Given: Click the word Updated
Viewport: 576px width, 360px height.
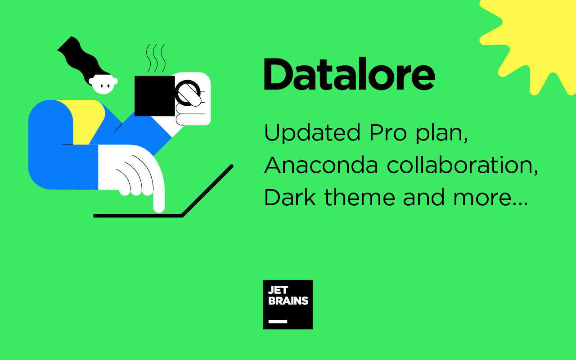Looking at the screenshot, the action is (x=312, y=132).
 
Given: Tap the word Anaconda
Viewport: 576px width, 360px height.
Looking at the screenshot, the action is (x=321, y=165).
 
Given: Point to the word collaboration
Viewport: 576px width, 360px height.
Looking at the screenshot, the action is (x=462, y=165).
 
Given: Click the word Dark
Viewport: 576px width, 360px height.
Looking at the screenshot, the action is (x=290, y=197).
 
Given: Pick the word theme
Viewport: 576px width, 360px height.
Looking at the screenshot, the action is (x=360, y=197).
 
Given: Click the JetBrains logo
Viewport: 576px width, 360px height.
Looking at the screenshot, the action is (x=288, y=305).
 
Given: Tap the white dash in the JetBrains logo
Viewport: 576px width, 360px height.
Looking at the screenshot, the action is (x=278, y=321).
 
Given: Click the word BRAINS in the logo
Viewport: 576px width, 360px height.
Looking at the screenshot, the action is (x=288, y=301).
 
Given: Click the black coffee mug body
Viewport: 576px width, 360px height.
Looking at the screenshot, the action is (x=154, y=96).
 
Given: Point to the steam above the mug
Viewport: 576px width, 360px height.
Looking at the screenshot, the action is (x=156, y=58).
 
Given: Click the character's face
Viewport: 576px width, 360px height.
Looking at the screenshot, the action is (x=103, y=84).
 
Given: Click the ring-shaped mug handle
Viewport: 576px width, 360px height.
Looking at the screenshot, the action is (x=188, y=93).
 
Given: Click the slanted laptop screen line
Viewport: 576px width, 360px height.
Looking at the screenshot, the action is (x=207, y=191).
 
